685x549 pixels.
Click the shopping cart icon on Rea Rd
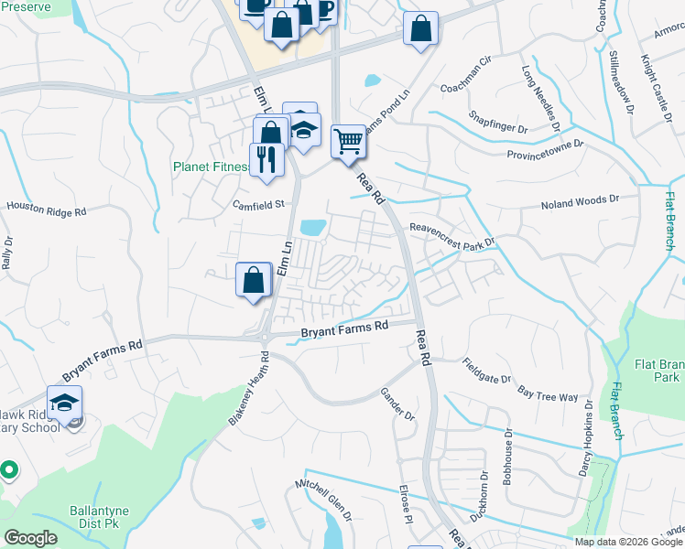[348, 142]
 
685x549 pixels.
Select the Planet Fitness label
[211, 167]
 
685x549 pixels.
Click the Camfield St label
[259, 204]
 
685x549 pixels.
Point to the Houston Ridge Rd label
[46, 210]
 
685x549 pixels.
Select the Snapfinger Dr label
[497, 122]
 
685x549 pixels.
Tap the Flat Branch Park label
[658, 370]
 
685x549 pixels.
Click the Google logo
[31, 537]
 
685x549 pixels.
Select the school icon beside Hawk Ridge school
[65, 404]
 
